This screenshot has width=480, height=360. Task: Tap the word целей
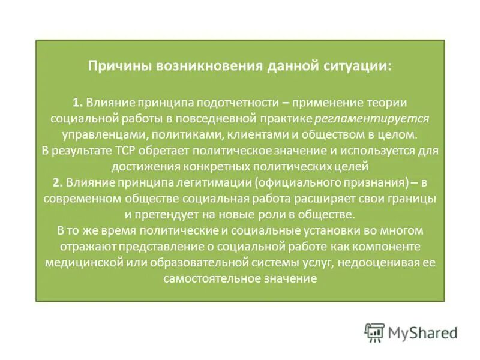tap(355, 166)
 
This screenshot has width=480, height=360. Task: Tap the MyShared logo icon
tap(374, 332)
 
